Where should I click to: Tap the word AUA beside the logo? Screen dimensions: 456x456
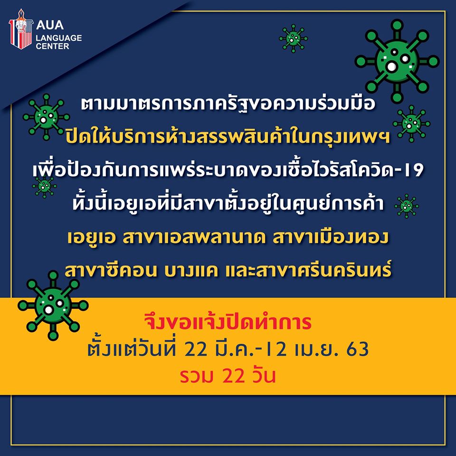click(50, 25)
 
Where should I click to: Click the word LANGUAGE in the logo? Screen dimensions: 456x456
click(59, 38)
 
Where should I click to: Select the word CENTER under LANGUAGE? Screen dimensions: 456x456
click(52, 46)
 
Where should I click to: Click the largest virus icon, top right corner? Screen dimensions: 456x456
click(397, 61)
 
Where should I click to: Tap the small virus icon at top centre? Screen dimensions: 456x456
click(293, 38)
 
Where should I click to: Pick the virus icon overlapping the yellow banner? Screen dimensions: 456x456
click(53, 305)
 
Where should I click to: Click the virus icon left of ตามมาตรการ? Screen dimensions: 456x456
click(46, 117)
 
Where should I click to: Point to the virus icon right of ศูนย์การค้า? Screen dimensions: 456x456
click(407, 206)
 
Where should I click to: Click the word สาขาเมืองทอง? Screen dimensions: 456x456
click(331, 237)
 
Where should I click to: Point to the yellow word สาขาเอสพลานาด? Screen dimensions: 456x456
click(194, 237)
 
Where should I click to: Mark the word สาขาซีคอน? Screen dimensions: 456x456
click(111, 270)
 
